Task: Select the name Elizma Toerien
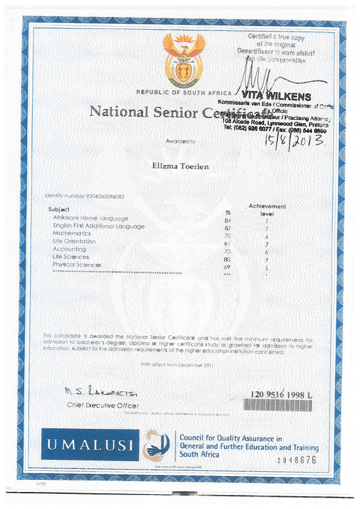(180, 164)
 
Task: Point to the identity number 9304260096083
(84, 196)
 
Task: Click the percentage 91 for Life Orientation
(228, 241)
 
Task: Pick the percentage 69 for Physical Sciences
(227, 266)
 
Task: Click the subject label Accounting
(69, 249)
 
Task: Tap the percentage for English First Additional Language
(228, 226)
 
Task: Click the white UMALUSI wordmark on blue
(90, 445)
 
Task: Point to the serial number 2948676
(297, 460)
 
